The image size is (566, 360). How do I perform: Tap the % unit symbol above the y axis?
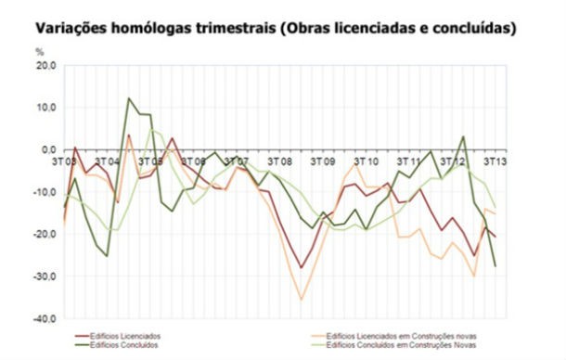pyautogui.click(x=38, y=53)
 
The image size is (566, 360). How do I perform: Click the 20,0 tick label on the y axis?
pyautogui.click(x=45, y=66)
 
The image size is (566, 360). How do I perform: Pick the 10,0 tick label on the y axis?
pyautogui.click(x=45, y=108)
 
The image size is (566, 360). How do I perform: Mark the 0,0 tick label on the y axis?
pyautogui.click(x=47, y=149)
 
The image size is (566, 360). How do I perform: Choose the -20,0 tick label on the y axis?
pyautogui.click(x=44, y=234)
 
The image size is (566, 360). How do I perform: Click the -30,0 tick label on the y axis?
pyautogui.click(x=44, y=276)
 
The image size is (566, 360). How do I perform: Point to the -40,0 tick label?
pyautogui.click(x=44, y=318)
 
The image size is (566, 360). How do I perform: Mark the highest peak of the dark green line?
pyautogui.click(x=129, y=97)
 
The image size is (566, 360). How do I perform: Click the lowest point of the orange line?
pyautogui.click(x=301, y=300)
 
